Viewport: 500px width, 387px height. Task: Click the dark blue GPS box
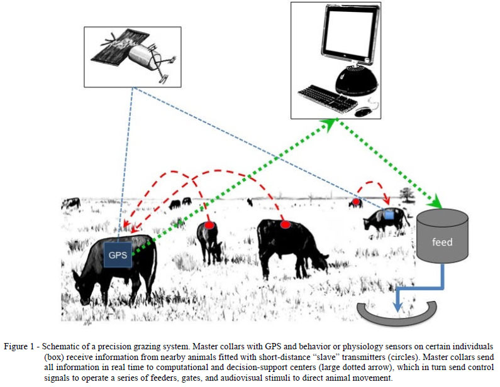click(118, 253)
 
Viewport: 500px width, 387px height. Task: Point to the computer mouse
click(363, 111)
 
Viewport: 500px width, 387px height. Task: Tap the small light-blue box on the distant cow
click(389, 215)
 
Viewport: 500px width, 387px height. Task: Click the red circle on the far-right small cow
click(355, 202)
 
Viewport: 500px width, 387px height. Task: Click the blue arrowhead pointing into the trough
click(396, 305)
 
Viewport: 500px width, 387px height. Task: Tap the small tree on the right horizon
click(408, 195)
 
